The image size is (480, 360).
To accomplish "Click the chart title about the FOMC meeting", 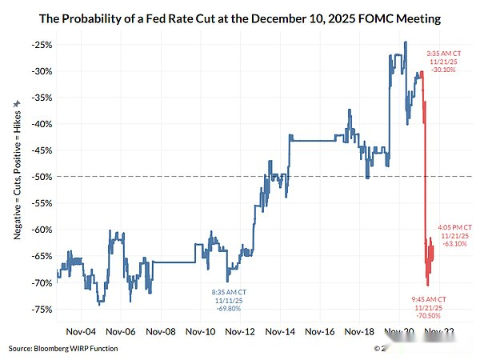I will click(241, 18).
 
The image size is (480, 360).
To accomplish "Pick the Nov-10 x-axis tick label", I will click(200, 330).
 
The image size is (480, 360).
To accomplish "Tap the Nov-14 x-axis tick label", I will click(280, 330).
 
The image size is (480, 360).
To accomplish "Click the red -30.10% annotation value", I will click(443, 70).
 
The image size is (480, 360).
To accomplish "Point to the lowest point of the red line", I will click(428, 285).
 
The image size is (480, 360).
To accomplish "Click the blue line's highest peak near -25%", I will click(406, 42).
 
